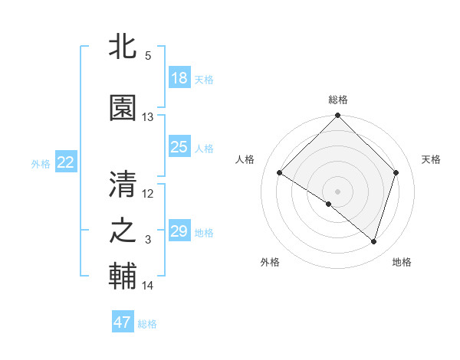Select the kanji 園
(x=123, y=109)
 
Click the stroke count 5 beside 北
(x=147, y=56)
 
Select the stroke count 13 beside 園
(x=148, y=117)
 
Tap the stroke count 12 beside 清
(x=148, y=193)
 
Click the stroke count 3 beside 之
(x=147, y=240)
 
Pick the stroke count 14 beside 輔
(x=148, y=286)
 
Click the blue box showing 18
(x=179, y=78)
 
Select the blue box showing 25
(x=179, y=147)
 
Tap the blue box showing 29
(x=179, y=231)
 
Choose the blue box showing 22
(x=66, y=162)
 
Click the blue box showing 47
(x=123, y=322)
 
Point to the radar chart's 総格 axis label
(x=338, y=100)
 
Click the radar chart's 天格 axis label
(x=431, y=159)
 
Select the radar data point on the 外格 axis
(x=329, y=205)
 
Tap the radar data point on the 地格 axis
(x=374, y=242)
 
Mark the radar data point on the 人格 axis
(x=280, y=173)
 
